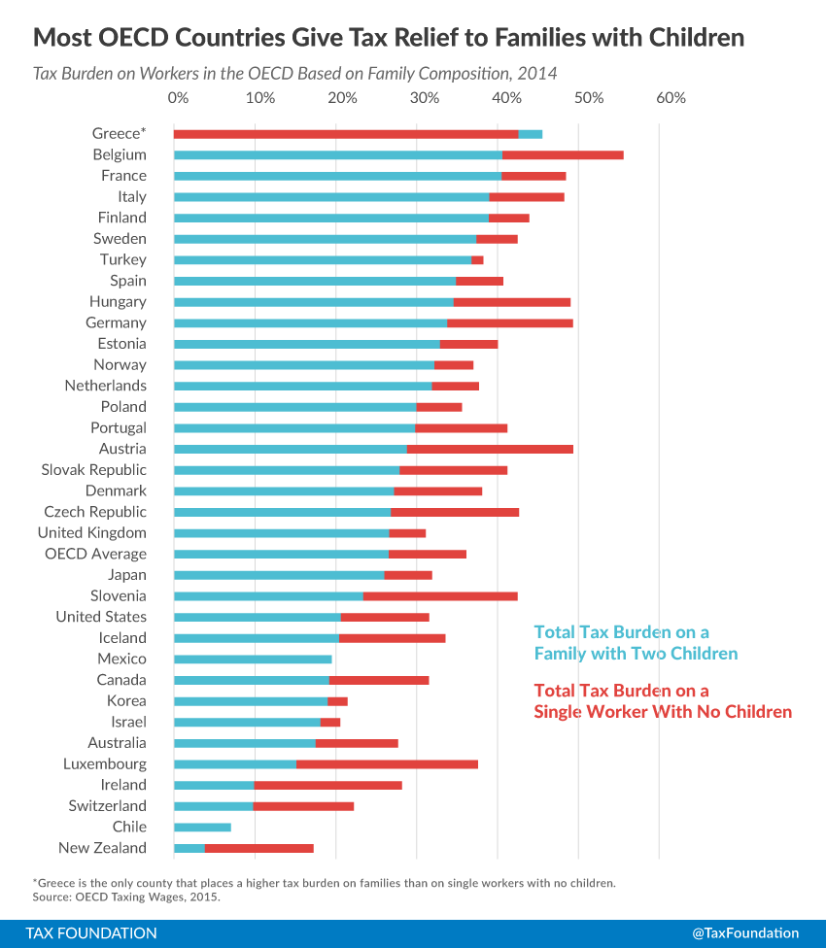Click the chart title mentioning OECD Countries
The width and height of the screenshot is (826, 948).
click(x=389, y=38)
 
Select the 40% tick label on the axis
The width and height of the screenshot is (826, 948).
click(x=505, y=98)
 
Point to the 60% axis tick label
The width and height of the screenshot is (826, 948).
click(x=671, y=98)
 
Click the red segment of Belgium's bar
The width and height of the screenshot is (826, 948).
click(x=563, y=154)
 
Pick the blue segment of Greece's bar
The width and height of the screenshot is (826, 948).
click(x=531, y=134)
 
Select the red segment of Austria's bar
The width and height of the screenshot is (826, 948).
click(x=490, y=449)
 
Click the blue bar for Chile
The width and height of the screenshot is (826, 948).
click(x=202, y=828)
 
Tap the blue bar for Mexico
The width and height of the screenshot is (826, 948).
click(x=253, y=660)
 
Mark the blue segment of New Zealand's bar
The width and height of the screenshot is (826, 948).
click(x=189, y=848)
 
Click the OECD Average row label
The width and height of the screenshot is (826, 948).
click(x=95, y=554)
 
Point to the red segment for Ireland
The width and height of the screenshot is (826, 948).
click(x=327, y=785)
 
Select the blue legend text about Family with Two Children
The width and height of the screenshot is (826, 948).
click(x=636, y=643)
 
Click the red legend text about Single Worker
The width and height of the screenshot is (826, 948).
click(x=663, y=701)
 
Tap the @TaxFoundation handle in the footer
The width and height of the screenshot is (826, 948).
click(x=745, y=932)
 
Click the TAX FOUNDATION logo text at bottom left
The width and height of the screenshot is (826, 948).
click(x=91, y=932)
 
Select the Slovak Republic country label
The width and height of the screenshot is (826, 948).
click(x=93, y=470)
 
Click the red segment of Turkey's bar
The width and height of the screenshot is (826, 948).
click(x=477, y=260)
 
